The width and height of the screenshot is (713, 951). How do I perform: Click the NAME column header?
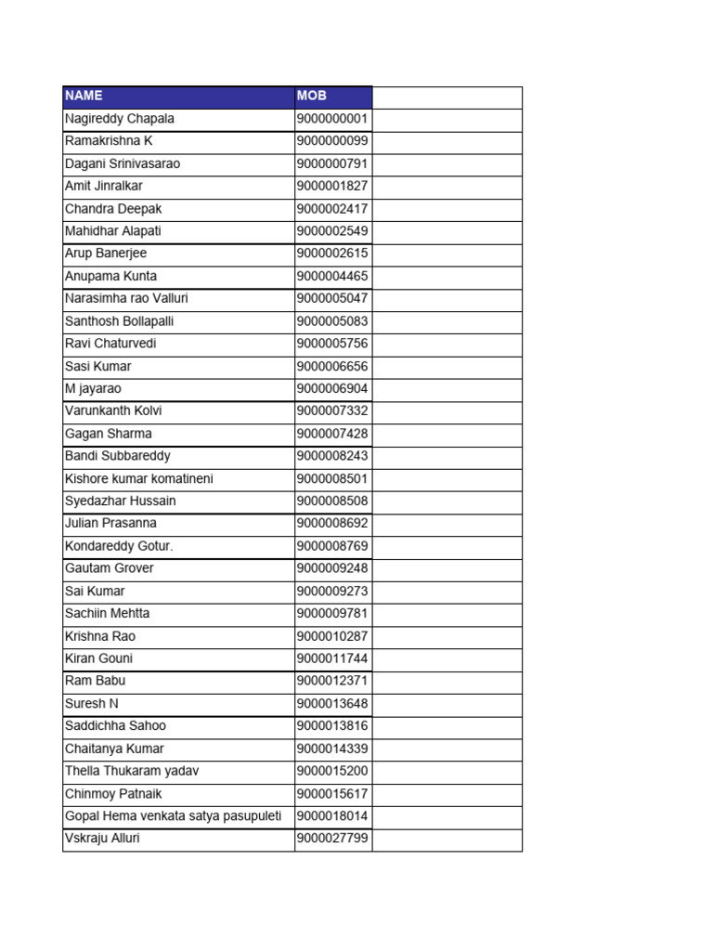point(84,96)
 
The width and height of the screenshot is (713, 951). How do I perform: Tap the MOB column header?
point(312,96)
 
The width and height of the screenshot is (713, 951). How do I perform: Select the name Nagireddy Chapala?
point(119,119)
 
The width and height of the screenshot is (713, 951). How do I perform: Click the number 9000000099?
point(332,141)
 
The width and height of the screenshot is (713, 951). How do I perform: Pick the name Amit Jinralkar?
point(104,186)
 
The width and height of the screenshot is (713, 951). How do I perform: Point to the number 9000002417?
point(332,209)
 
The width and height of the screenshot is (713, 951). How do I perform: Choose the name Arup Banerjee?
point(106,254)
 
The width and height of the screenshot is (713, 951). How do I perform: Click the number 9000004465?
point(332,276)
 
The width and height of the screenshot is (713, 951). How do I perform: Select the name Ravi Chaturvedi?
point(110,344)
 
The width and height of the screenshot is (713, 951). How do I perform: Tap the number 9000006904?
point(332,389)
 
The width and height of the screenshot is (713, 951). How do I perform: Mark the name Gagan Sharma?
point(108,434)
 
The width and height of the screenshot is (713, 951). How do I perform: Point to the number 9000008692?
point(332,523)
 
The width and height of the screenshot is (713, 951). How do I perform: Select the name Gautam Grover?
point(109,568)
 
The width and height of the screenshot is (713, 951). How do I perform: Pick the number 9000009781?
point(332,613)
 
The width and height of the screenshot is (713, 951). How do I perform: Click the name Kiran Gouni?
point(98,658)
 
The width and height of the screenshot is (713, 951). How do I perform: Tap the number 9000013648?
point(332,703)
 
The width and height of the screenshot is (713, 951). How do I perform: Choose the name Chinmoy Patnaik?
point(113,794)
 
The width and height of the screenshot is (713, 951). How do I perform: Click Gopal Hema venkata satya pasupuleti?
point(173,816)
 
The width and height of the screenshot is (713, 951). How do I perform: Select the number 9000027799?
point(332,839)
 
